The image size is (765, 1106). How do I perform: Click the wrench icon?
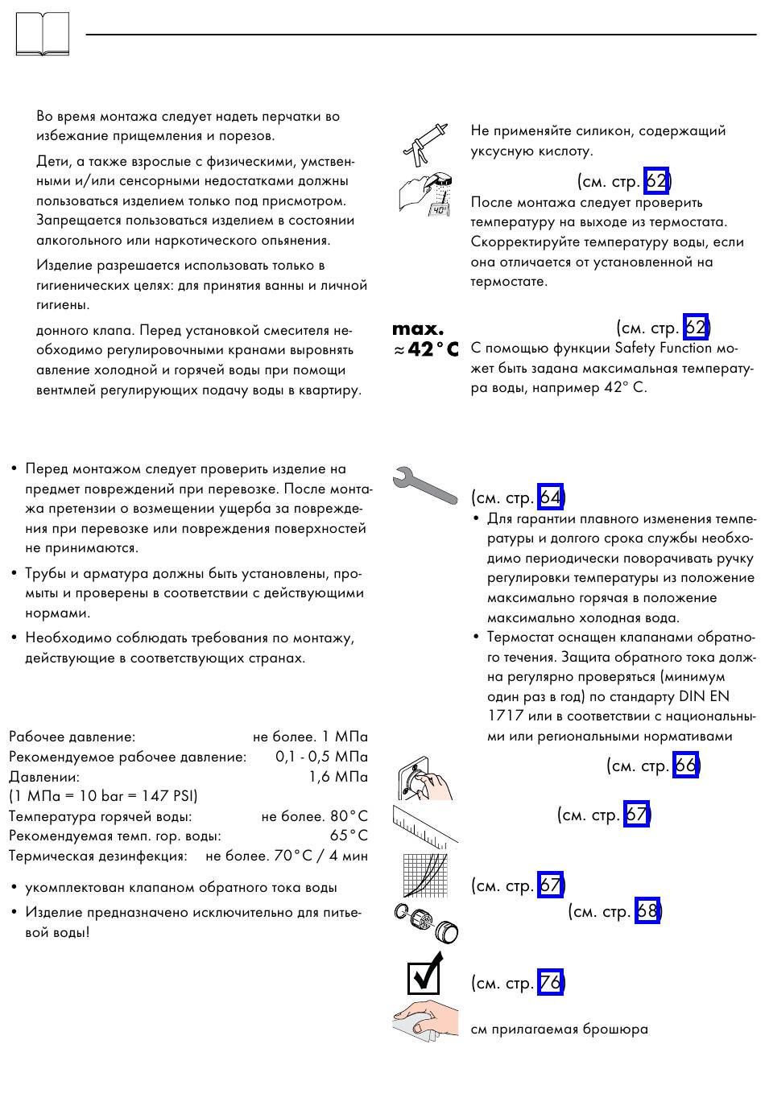[424, 485]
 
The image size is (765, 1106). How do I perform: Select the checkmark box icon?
[424, 974]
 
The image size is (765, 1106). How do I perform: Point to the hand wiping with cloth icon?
[424, 1022]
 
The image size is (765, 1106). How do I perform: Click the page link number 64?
[550, 497]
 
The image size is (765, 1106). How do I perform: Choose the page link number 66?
[685, 765]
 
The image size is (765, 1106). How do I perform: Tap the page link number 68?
[647, 911]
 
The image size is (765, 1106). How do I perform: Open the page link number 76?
[550, 983]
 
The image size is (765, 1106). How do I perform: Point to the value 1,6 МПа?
[338, 777]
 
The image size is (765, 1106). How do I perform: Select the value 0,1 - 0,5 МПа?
[321, 757]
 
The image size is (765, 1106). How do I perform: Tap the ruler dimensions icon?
[424, 825]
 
